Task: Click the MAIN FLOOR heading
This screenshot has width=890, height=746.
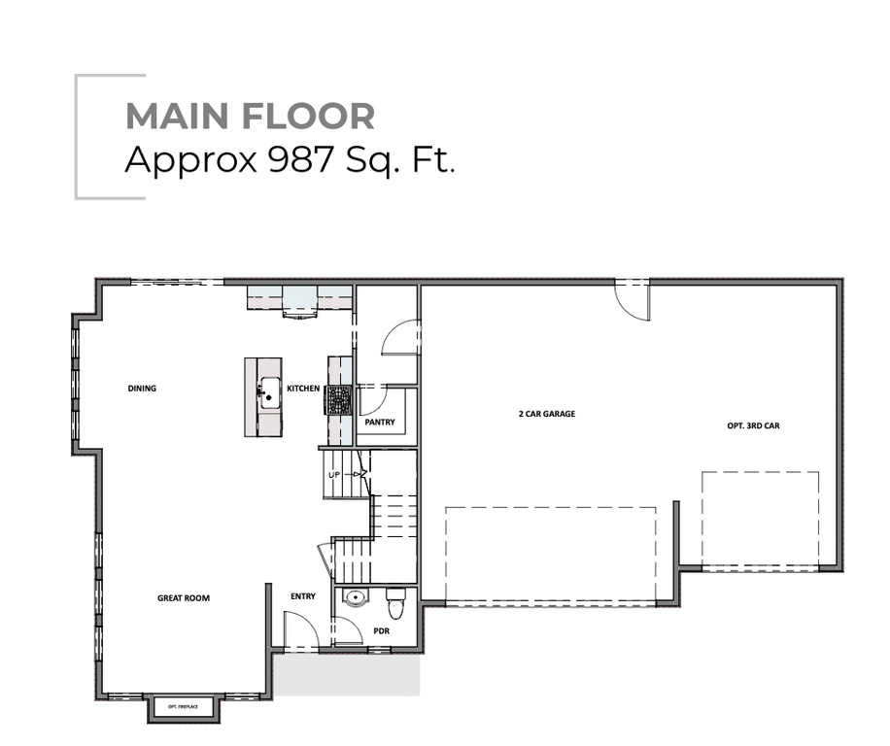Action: (250, 115)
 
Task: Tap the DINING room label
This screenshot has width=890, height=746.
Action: (142, 389)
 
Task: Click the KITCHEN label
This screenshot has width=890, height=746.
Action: (302, 389)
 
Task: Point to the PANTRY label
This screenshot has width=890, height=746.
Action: (378, 423)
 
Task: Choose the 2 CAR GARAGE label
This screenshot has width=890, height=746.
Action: (546, 414)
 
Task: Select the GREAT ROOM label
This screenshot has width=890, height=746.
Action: (184, 598)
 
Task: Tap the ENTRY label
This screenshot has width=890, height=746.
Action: (302, 596)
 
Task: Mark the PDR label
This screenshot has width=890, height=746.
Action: (381, 630)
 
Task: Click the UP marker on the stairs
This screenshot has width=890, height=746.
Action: (334, 474)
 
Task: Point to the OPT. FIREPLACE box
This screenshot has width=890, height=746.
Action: (183, 707)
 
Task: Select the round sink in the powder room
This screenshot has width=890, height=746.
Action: (356, 598)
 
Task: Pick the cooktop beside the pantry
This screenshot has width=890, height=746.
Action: (337, 399)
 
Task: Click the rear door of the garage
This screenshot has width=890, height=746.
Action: (632, 299)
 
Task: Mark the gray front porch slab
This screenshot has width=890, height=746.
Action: (346, 674)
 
